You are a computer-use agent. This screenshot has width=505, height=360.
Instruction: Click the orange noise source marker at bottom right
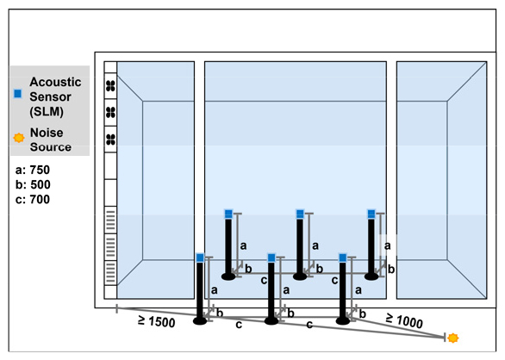point(452,338)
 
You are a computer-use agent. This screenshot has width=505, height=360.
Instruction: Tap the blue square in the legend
point(18,93)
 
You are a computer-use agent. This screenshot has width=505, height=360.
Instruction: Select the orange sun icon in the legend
point(19,138)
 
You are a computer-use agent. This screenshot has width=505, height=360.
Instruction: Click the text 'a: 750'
point(33,170)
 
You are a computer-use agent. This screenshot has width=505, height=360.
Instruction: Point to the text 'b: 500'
point(33,184)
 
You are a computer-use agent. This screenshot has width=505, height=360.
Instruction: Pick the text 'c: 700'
point(33,199)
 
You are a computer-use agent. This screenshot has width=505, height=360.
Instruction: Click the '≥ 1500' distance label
point(157,321)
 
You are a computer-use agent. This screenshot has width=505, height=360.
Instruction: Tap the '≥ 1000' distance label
point(404,320)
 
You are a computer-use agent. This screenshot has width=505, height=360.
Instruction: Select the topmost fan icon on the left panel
point(110,86)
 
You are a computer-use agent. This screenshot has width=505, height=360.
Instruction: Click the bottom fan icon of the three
point(110,140)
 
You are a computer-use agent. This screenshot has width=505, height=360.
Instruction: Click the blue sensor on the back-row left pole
point(228,214)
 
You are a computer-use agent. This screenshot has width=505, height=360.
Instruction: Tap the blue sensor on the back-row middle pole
point(300,214)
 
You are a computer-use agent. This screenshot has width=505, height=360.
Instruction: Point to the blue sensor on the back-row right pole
point(371,214)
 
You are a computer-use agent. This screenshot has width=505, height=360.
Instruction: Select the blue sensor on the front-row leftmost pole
point(200,258)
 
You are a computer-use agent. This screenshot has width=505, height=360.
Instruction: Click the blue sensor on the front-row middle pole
point(271,258)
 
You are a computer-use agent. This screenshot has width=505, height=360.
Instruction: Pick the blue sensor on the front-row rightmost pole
point(343,258)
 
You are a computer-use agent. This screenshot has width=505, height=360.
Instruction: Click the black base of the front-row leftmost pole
point(200,320)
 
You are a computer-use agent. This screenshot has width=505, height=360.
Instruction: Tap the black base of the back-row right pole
point(371,276)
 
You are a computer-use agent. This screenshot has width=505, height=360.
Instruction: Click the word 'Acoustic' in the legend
point(55,82)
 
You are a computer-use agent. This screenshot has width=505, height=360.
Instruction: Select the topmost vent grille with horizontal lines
point(110,220)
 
